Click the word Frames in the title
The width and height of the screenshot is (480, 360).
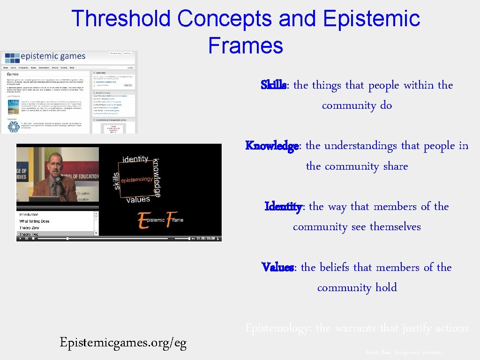pyautogui.click(x=245, y=45)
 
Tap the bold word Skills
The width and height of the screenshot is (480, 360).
pyautogui.click(x=274, y=85)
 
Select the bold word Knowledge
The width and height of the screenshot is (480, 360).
pyautogui.click(x=272, y=146)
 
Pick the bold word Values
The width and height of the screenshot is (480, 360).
pyautogui.click(x=277, y=268)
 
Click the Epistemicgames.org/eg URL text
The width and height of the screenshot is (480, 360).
pyautogui.click(x=123, y=343)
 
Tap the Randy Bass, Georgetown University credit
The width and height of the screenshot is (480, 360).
pyautogui.click(x=404, y=352)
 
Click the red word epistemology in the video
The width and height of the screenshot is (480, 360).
pyautogui.click(x=136, y=180)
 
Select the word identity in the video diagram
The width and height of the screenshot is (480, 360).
pyautogui.click(x=135, y=159)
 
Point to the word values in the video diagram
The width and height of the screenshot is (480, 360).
pyautogui.click(x=138, y=200)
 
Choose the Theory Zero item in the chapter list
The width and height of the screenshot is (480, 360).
pyautogui.click(x=29, y=228)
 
